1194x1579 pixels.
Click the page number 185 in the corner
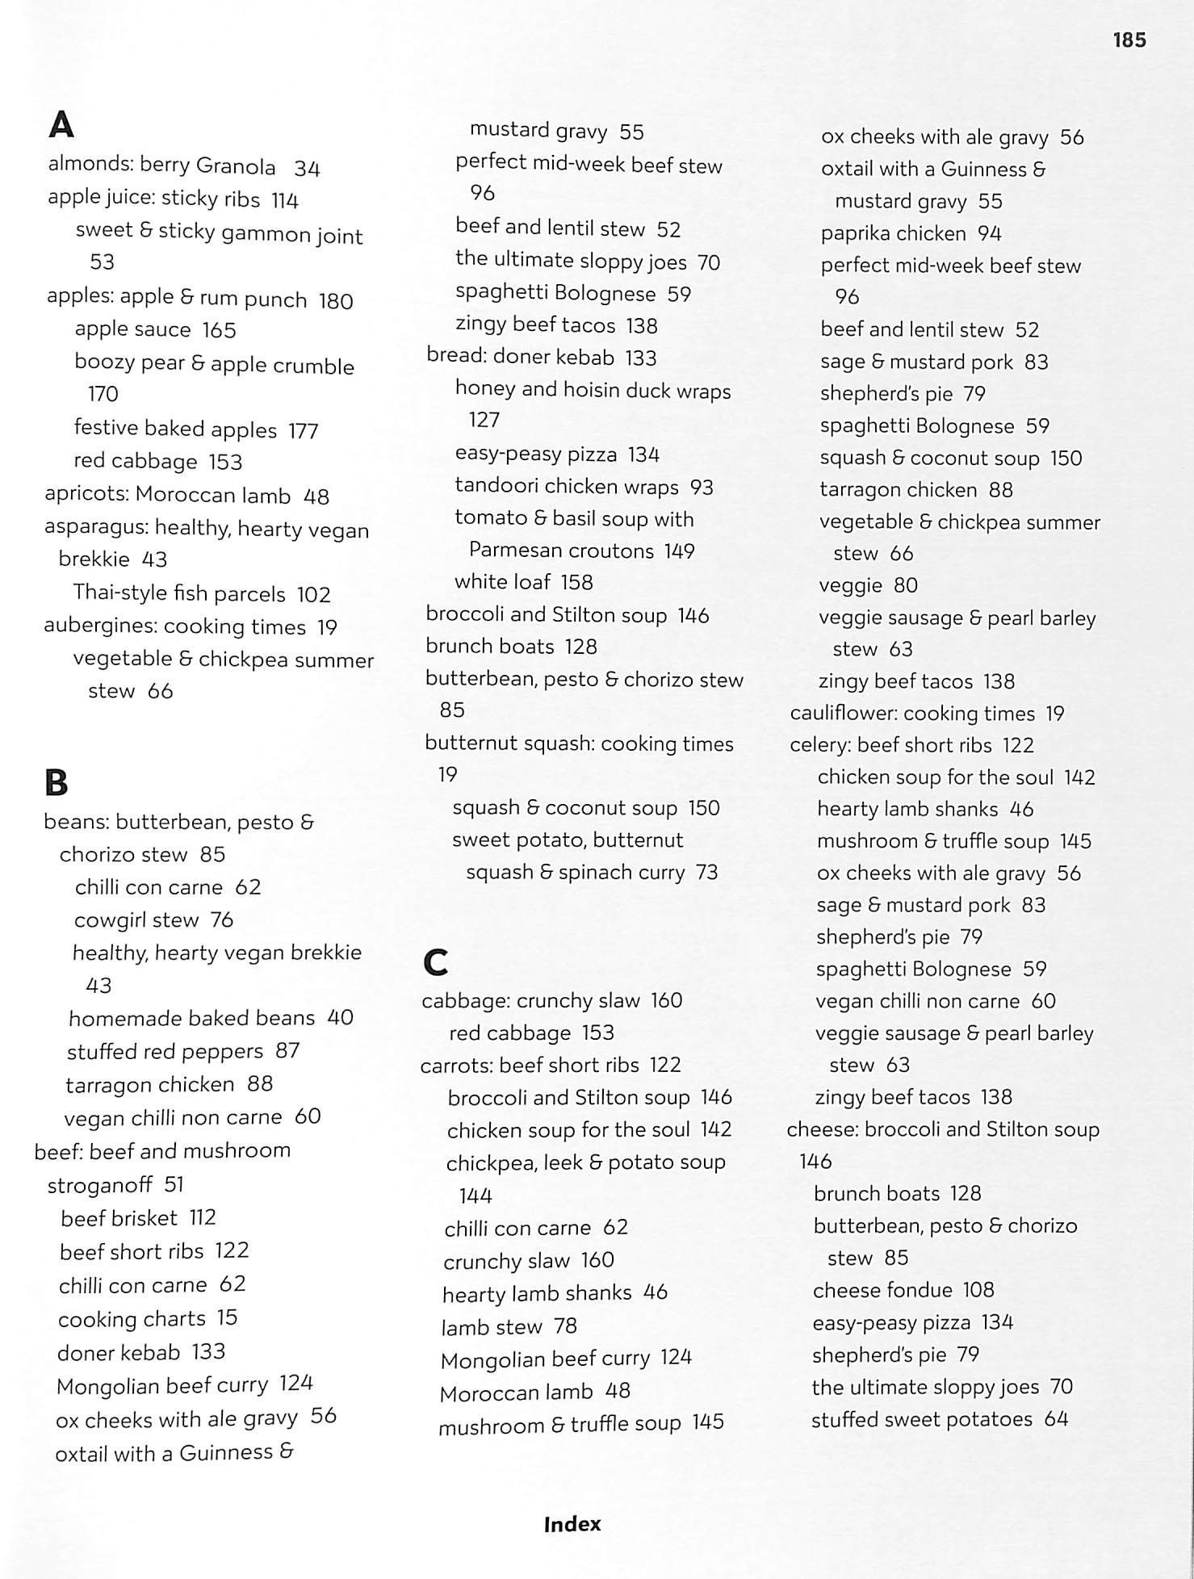[x=1129, y=40]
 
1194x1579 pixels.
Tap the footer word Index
[x=572, y=1524]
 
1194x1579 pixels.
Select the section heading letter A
[x=61, y=125]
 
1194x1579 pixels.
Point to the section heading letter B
[x=56, y=782]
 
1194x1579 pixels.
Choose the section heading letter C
[x=436, y=961]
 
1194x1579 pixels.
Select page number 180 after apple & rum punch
[x=336, y=301]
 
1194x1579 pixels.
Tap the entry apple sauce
[x=132, y=329]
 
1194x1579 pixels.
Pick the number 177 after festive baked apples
[x=304, y=430]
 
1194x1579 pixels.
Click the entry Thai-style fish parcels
[x=179, y=594]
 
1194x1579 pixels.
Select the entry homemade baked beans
[x=191, y=1018]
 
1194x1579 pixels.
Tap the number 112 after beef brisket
[x=203, y=1217]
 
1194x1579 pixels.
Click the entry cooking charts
[x=132, y=1319]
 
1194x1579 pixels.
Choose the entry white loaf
[x=502, y=582]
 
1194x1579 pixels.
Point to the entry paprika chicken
[x=893, y=234]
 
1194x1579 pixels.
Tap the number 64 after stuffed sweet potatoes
[x=1056, y=1419]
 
